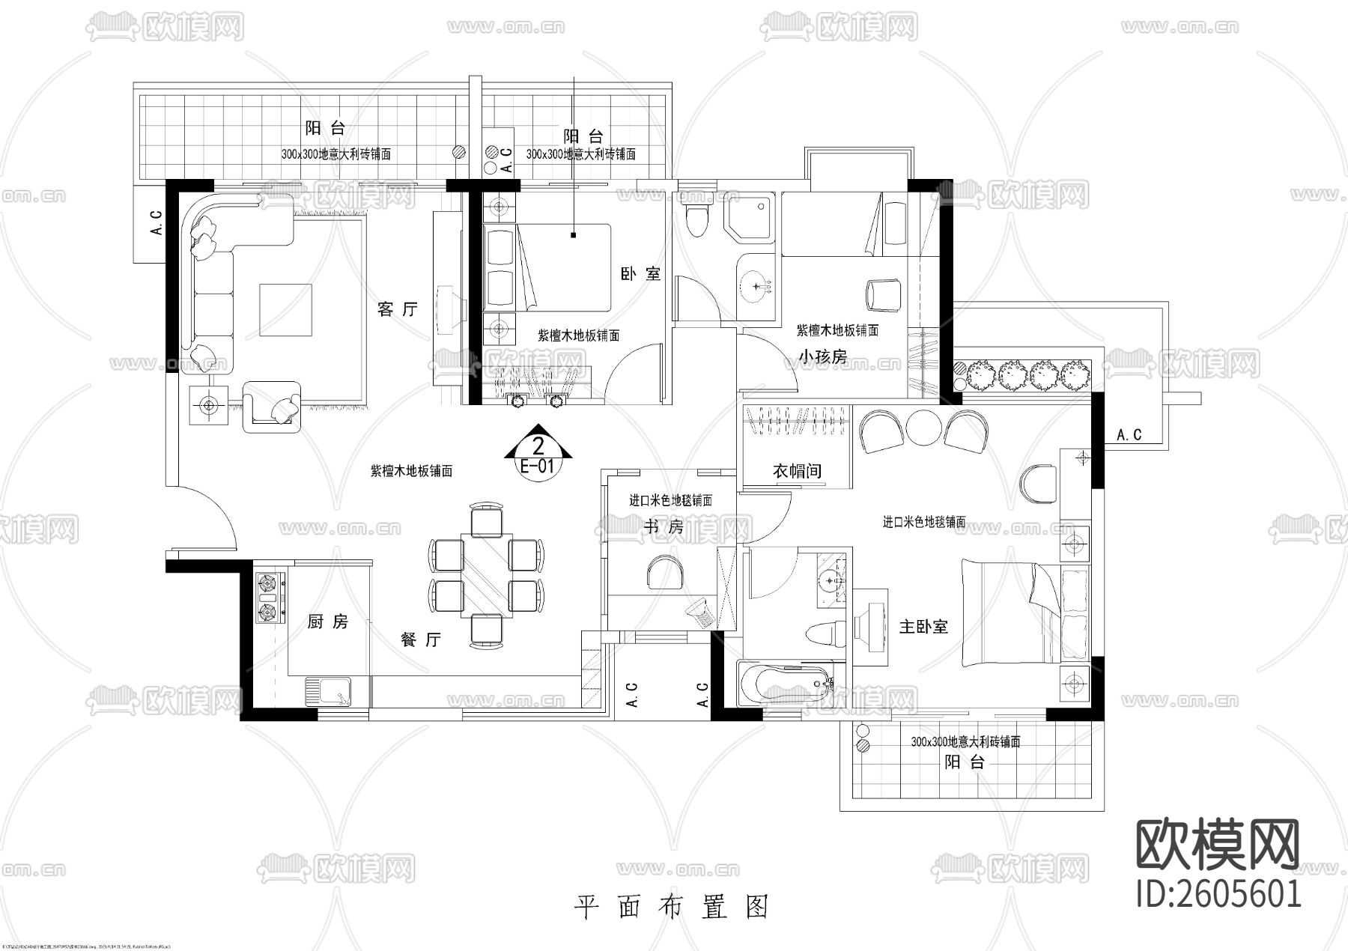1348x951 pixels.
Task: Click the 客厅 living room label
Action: [397, 309]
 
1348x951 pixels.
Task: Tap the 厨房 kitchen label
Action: [327, 622]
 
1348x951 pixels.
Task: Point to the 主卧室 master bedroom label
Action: [923, 627]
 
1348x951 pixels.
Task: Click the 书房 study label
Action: [664, 527]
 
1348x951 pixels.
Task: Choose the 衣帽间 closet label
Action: [797, 470]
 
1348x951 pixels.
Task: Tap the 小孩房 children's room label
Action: [822, 356]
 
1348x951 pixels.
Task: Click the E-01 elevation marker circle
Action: [537, 457]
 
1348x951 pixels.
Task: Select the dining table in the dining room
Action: [486, 574]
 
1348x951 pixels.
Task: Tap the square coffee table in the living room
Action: [285, 309]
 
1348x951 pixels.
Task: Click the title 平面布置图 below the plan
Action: [672, 907]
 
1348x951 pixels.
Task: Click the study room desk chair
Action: [664, 572]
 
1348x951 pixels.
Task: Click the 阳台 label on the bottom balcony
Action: [964, 762]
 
